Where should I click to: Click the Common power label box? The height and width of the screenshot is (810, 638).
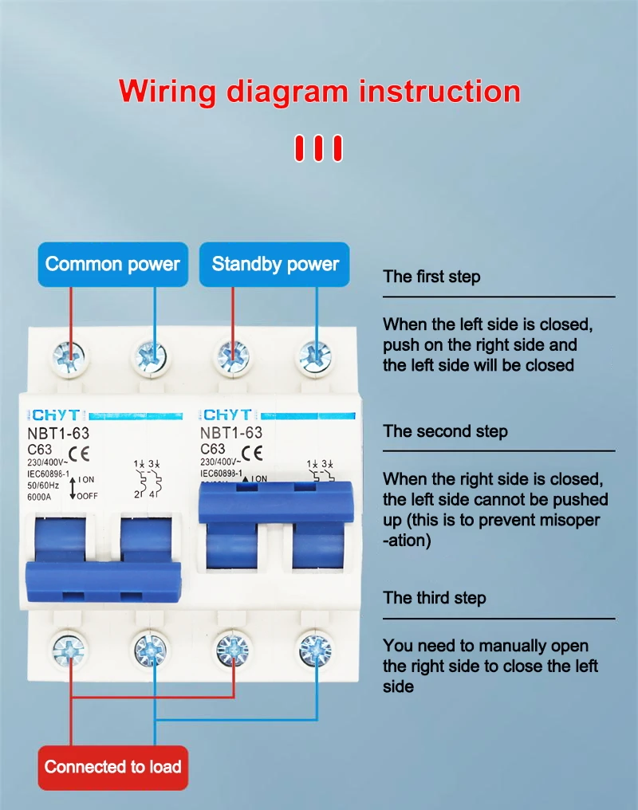(x=112, y=264)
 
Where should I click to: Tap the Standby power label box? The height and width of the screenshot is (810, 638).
(x=275, y=264)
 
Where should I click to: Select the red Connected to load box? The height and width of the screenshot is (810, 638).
(x=112, y=768)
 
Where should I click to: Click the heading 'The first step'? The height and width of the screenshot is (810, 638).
(x=431, y=277)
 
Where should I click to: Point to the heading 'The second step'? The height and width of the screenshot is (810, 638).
(x=445, y=431)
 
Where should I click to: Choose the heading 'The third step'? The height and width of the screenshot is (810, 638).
(x=434, y=598)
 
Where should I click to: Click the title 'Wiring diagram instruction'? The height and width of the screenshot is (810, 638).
(x=319, y=91)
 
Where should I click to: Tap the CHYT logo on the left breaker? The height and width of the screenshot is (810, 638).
(x=55, y=415)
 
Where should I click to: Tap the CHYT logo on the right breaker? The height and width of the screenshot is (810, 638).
(x=226, y=415)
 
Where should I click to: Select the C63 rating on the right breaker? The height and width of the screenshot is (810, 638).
(x=213, y=450)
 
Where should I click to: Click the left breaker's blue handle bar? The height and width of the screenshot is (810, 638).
(x=104, y=580)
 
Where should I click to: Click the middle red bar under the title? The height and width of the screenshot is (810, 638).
(x=318, y=148)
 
